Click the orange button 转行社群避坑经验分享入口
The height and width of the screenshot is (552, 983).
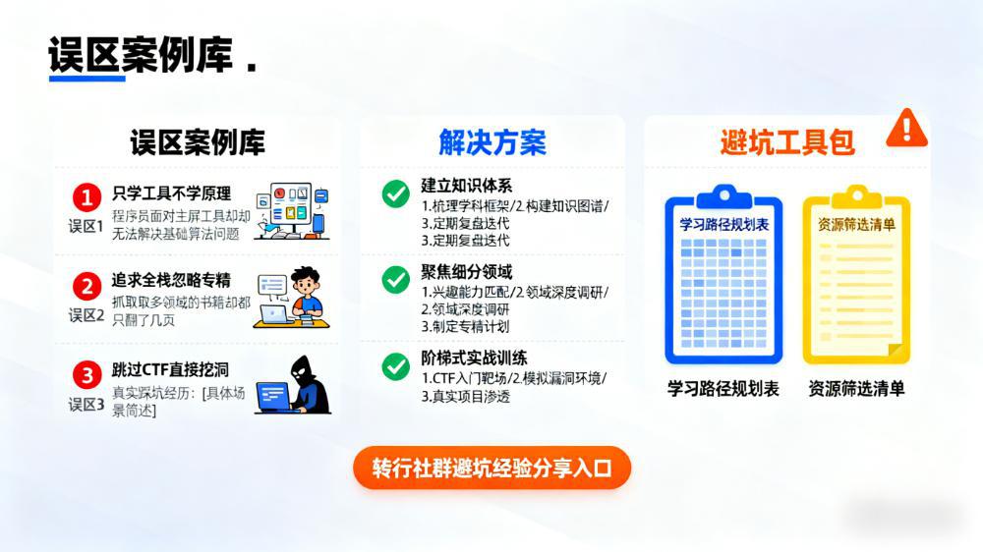[491, 468]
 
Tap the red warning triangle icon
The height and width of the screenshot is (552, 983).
[906, 129]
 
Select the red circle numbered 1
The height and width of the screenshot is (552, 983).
[87, 197]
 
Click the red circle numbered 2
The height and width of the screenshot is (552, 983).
[87, 286]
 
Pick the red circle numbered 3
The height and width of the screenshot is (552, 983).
[87, 374]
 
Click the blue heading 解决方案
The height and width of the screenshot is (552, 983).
[491, 142]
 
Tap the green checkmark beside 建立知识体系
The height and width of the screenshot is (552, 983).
[395, 193]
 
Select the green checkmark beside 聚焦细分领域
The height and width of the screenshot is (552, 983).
[395, 279]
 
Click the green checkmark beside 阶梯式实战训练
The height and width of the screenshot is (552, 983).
[395, 366]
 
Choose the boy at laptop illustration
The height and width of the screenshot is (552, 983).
[294, 297]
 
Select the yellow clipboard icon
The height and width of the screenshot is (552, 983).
[856, 274]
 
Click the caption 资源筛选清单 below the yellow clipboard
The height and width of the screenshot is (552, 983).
[856, 389]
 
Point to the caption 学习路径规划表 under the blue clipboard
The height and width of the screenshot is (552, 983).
[723, 389]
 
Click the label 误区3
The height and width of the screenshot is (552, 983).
[87, 404]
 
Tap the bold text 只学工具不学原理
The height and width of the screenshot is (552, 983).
[171, 193]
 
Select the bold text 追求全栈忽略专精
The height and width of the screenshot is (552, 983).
[171, 280]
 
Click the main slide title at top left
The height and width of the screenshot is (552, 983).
[141, 56]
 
